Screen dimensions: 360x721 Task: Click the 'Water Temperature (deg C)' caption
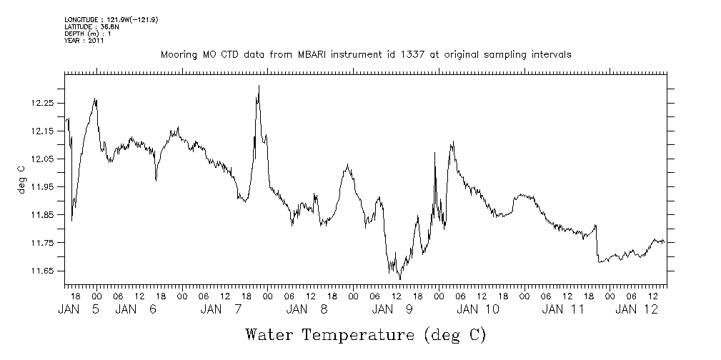click(x=365, y=334)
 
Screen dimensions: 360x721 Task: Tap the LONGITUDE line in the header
click(x=111, y=19)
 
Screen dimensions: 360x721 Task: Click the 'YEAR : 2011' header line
click(x=84, y=41)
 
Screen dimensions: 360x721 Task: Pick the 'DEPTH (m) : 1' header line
click(x=88, y=34)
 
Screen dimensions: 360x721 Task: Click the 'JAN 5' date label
click(x=79, y=309)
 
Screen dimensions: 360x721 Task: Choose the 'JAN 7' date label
click(x=222, y=309)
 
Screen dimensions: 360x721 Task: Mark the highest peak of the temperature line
click(x=259, y=86)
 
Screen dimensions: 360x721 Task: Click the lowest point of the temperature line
click(x=400, y=279)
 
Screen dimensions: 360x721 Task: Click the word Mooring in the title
click(x=177, y=55)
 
